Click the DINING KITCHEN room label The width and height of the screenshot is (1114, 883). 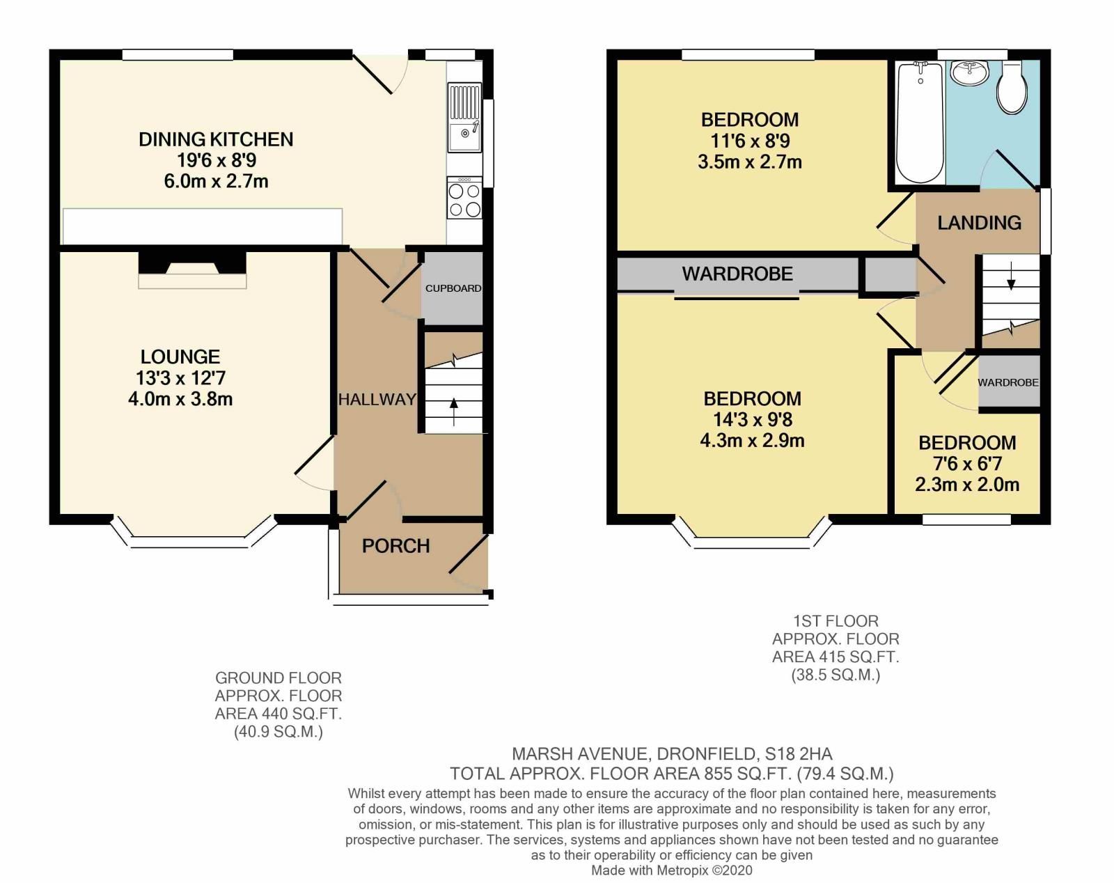click(x=216, y=139)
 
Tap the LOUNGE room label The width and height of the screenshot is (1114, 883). click(x=180, y=357)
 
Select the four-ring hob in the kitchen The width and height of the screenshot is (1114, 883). click(x=464, y=200)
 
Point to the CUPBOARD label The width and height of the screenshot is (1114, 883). click(x=453, y=288)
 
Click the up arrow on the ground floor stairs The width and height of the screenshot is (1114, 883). click(x=454, y=411)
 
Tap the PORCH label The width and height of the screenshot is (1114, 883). click(x=395, y=546)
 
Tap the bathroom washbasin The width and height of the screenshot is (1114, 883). click(x=968, y=73)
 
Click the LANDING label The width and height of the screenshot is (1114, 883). click(x=979, y=223)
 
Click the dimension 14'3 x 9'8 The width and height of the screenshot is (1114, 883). click(x=752, y=420)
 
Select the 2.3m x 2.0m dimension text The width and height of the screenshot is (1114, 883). click(x=967, y=485)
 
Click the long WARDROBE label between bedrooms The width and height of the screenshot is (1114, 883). click(x=737, y=274)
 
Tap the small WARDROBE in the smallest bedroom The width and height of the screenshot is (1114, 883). click(x=1008, y=382)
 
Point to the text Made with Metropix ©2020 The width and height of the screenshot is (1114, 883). click(x=672, y=870)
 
